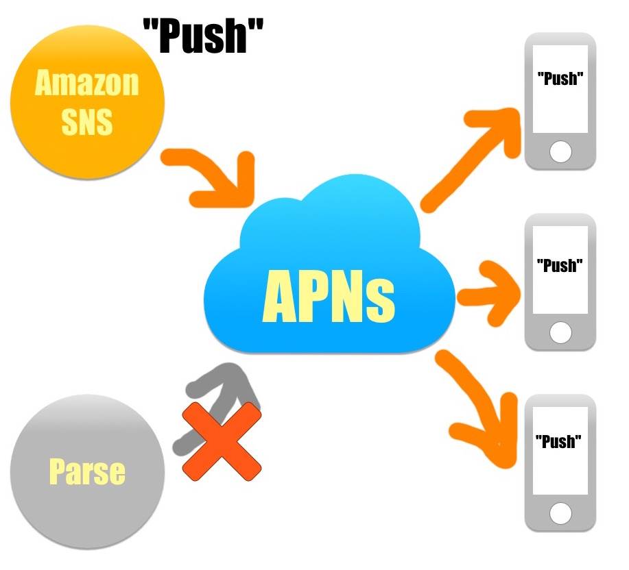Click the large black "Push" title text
tap(203, 36)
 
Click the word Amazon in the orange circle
tap(86, 84)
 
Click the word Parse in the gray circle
tap(87, 471)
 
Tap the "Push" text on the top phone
tap(560, 79)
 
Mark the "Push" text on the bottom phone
tap(560, 441)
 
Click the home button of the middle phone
tap(560, 334)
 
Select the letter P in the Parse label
tap(57, 471)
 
